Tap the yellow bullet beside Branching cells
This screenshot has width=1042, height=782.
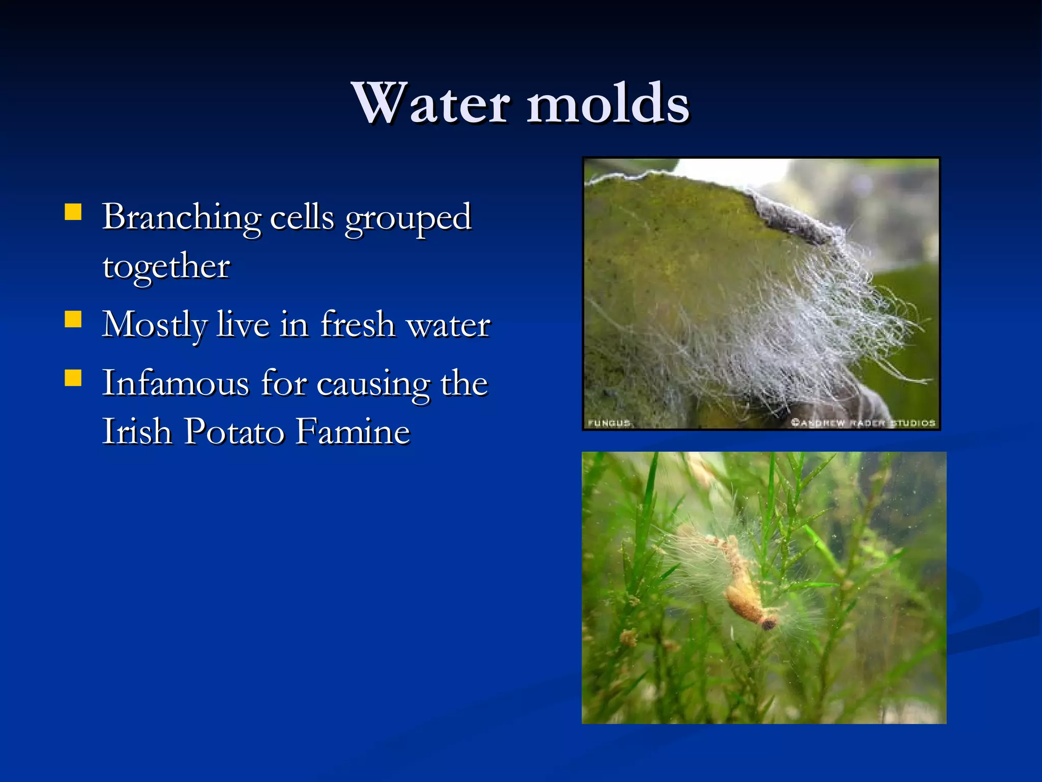click(x=73, y=212)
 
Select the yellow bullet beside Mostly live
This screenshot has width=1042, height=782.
click(x=73, y=320)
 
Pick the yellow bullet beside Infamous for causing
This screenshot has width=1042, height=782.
click(x=73, y=378)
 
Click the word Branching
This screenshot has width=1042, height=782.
click(x=182, y=217)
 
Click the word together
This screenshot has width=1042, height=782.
click(x=166, y=266)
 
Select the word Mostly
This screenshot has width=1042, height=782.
click(x=155, y=326)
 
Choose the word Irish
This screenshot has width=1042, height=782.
click(x=136, y=432)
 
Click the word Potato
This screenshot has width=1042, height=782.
click(x=234, y=432)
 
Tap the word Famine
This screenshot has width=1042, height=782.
click(x=353, y=432)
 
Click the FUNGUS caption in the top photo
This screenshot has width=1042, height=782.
click(x=609, y=423)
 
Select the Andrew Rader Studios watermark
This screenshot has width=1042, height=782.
click(x=863, y=423)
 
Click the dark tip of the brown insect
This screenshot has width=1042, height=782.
click(x=768, y=623)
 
